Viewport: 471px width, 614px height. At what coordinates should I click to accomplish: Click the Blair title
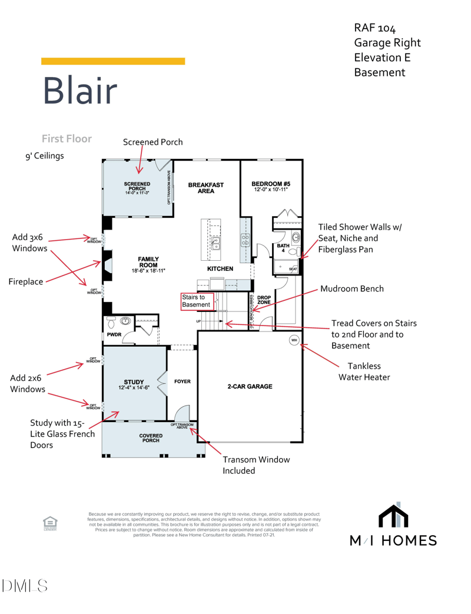click(x=79, y=91)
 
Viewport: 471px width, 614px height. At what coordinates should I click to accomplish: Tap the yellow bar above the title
click(x=113, y=61)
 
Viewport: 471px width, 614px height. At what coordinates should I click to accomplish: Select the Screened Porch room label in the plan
click(x=137, y=188)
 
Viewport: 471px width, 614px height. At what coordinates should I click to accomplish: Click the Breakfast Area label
click(x=205, y=188)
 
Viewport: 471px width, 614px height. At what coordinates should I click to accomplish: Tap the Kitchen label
click(x=220, y=268)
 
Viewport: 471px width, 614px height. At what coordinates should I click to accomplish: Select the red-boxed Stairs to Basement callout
click(x=197, y=301)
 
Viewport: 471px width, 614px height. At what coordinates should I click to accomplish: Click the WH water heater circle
click(x=294, y=340)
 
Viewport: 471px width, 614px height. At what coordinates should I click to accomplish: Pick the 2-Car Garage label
click(x=250, y=387)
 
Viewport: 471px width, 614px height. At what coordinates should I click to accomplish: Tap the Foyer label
click(x=183, y=381)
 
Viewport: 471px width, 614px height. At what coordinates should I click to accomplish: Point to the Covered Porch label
click(x=151, y=438)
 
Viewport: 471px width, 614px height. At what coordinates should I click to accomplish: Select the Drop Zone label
click(x=264, y=300)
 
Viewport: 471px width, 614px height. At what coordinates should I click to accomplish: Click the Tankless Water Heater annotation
click(x=364, y=371)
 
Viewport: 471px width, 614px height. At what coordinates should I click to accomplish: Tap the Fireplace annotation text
click(x=25, y=282)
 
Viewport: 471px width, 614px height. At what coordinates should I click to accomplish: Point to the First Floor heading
click(x=67, y=139)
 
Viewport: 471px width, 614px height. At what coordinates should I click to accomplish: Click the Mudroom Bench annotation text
click(x=352, y=288)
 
